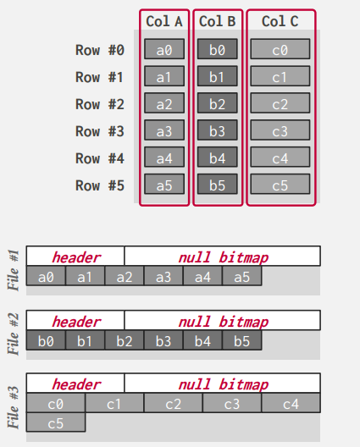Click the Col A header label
(x=164, y=21)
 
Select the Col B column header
(x=218, y=21)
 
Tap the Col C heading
(x=280, y=21)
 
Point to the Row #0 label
(x=100, y=50)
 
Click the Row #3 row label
(x=100, y=131)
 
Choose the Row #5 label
(x=100, y=185)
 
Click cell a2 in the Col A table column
(x=164, y=103)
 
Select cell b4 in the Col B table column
(x=218, y=157)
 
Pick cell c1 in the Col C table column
(x=280, y=76)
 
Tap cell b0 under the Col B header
(x=218, y=49)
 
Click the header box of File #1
(x=75, y=256)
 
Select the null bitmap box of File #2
(x=223, y=320)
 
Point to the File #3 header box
(x=75, y=383)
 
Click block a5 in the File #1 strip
(x=242, y=276)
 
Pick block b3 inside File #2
(x=163, y=340)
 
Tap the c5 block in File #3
(x=56, y=422)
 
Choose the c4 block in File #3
(x=291, y=403)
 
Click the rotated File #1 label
(x=14, y=270)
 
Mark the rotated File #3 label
(x=14, y=407)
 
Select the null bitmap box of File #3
(x=223, y=383)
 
